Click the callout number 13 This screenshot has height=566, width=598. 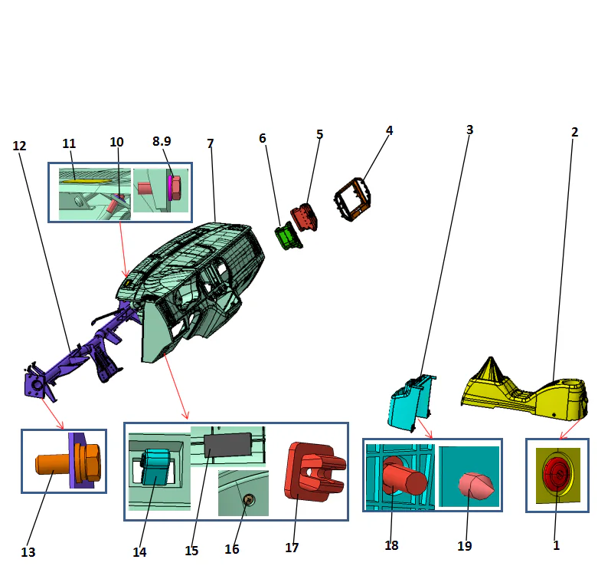(x=28, y=551)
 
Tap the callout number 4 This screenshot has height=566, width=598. (x=389, y=130)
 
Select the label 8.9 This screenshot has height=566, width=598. (x=161, y=142)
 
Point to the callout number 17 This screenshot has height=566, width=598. (x=291, y=548)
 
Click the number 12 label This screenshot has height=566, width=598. (x=20, y=145)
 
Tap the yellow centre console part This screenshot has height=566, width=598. (x=528, y=391)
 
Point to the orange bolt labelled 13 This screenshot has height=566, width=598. (x=54, y=464)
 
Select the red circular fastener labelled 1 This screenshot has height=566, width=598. (x=556, y=476)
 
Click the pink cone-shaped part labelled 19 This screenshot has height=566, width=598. (x=476, y=485)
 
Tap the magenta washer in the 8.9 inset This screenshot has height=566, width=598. (x=170, y=186)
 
